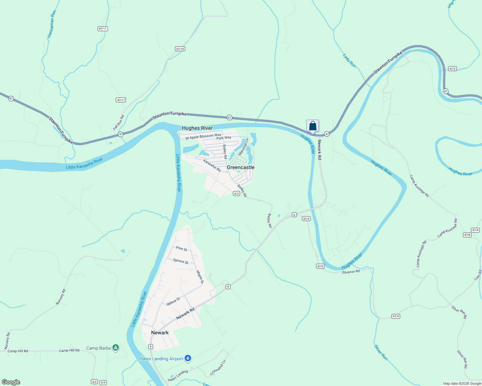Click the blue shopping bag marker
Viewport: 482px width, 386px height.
313,126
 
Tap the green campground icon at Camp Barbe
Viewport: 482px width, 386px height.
116,348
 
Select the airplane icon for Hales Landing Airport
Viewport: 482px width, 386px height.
188,358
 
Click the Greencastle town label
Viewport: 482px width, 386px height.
241,167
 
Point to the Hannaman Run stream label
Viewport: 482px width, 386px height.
52,24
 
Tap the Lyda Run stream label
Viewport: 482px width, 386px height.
349,60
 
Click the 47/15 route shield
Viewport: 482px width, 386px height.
180,49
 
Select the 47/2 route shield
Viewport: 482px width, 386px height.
452,69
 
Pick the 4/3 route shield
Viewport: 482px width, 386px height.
236,194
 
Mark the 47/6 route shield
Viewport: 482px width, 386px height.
467,235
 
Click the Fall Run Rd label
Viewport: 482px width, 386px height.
119,123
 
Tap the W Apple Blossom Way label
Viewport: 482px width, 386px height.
203,136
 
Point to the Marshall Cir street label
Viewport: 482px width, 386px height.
244,147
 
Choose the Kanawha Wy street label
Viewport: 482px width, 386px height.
212,165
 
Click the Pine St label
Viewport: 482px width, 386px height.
181,249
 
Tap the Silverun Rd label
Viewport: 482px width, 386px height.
351,272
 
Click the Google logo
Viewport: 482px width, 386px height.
11,382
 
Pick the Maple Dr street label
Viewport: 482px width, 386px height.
200,277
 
